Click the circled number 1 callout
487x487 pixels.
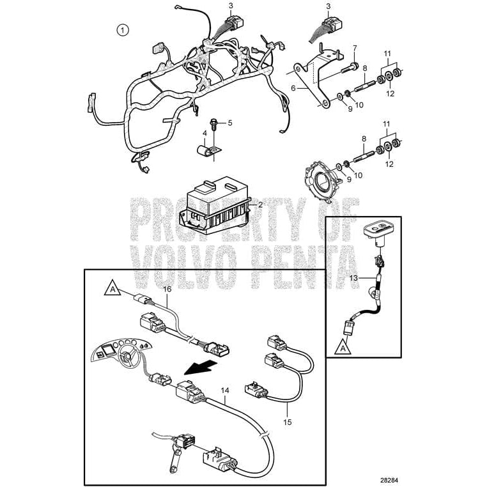pyautogui.click(x=122, y=29)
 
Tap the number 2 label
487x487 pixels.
pyautogui.click(x=260, y=205)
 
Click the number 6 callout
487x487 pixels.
pyautogui.click(x=355, y=48)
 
